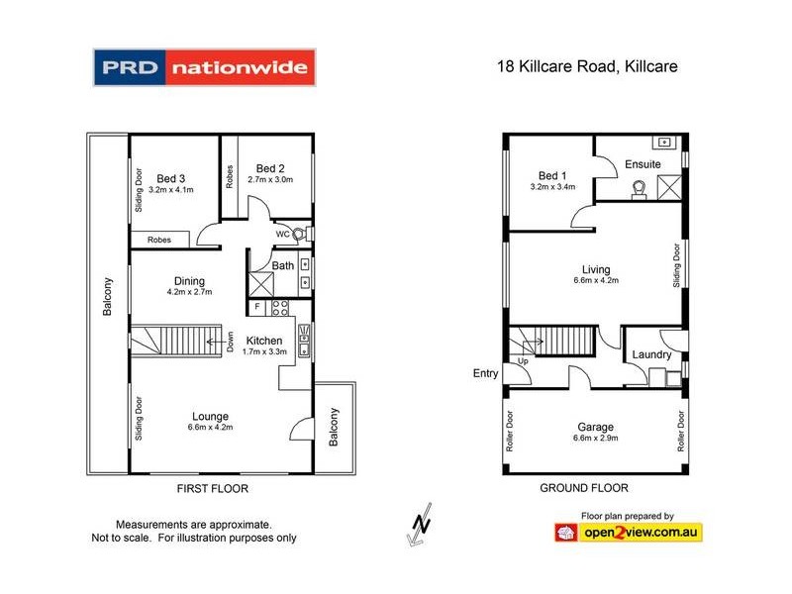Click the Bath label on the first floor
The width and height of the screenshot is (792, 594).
(x=283, y=265)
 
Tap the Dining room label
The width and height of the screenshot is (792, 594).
(x=189, y=280)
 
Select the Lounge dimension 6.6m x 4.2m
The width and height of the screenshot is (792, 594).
(x=211, y=429)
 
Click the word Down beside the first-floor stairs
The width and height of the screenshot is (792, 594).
(x=230, y=342)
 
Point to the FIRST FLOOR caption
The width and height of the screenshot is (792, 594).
(x=212, y=488)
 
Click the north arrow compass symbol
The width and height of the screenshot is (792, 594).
(x=420, y=526)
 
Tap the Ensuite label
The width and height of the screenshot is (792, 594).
(x=642, y=164)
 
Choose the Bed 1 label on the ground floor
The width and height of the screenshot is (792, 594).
(x=552, y=174)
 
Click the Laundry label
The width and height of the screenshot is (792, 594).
(x=651, y=354)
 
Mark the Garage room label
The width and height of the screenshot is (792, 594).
(x=595, y=428)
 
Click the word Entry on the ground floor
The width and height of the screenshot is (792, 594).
(x=486, y=373)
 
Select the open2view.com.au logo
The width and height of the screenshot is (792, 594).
(x=629, y=533)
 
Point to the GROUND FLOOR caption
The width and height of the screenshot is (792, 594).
(x=584, y=488)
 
